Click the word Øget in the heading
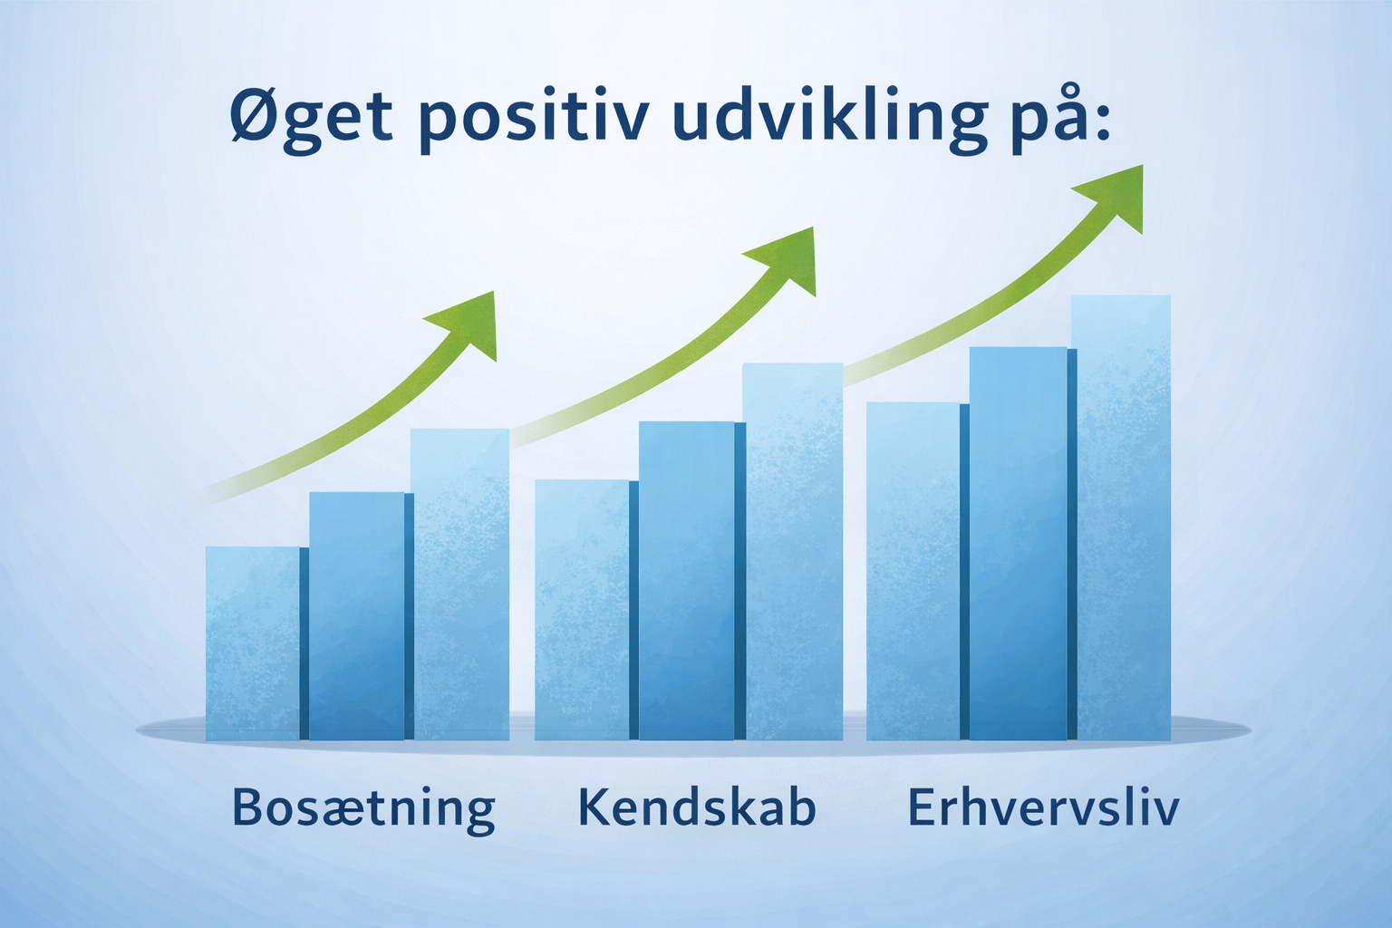pyautogui.click(x=312, y=119)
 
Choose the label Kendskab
pyautogui.click(x=697, y=807)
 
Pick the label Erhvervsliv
pyautogui.click(x=1043, y=807)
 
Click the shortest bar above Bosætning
pyautogui.click(x=253, y=643)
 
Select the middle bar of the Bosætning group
pyautogui.click(x=357, y=616)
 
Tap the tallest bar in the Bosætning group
pyautogui.click(x=460, y=585)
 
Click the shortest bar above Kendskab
pyautogui.click(x=583, y=610)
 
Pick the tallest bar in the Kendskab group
pyautogui.click(x=793, y=551)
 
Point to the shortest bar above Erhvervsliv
pyautogui.click(x=913, y=571)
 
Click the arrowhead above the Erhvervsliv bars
pyautogui.click(x=1116, y=197)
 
